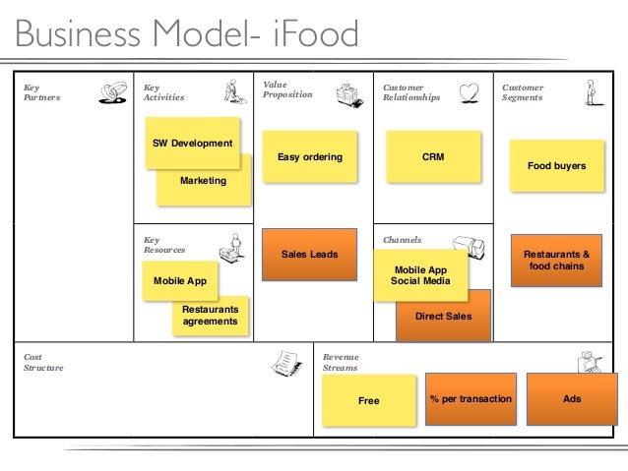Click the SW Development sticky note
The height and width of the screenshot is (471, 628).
(192, 143)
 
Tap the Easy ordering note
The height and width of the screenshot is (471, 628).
(309, 157)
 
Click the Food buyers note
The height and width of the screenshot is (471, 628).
(556, 166)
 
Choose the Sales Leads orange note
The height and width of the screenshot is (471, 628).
(309, 255)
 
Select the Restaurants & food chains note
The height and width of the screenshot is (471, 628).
(556, 261)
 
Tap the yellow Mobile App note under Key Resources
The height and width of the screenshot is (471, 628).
(180, 280)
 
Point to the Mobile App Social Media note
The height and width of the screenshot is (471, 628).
(420, 274)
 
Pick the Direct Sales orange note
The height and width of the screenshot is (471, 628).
(443, 317)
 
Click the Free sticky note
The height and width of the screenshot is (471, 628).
(368, 401)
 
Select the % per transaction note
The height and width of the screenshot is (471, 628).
(471, 399)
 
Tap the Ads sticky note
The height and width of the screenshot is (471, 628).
(572, 399)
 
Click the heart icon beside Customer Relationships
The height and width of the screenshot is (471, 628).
(470, 92)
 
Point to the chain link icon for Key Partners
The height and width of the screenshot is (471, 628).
(113, 92)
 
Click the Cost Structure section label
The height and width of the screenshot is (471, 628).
(43, 363)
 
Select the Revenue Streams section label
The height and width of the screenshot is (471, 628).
(341, 363)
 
